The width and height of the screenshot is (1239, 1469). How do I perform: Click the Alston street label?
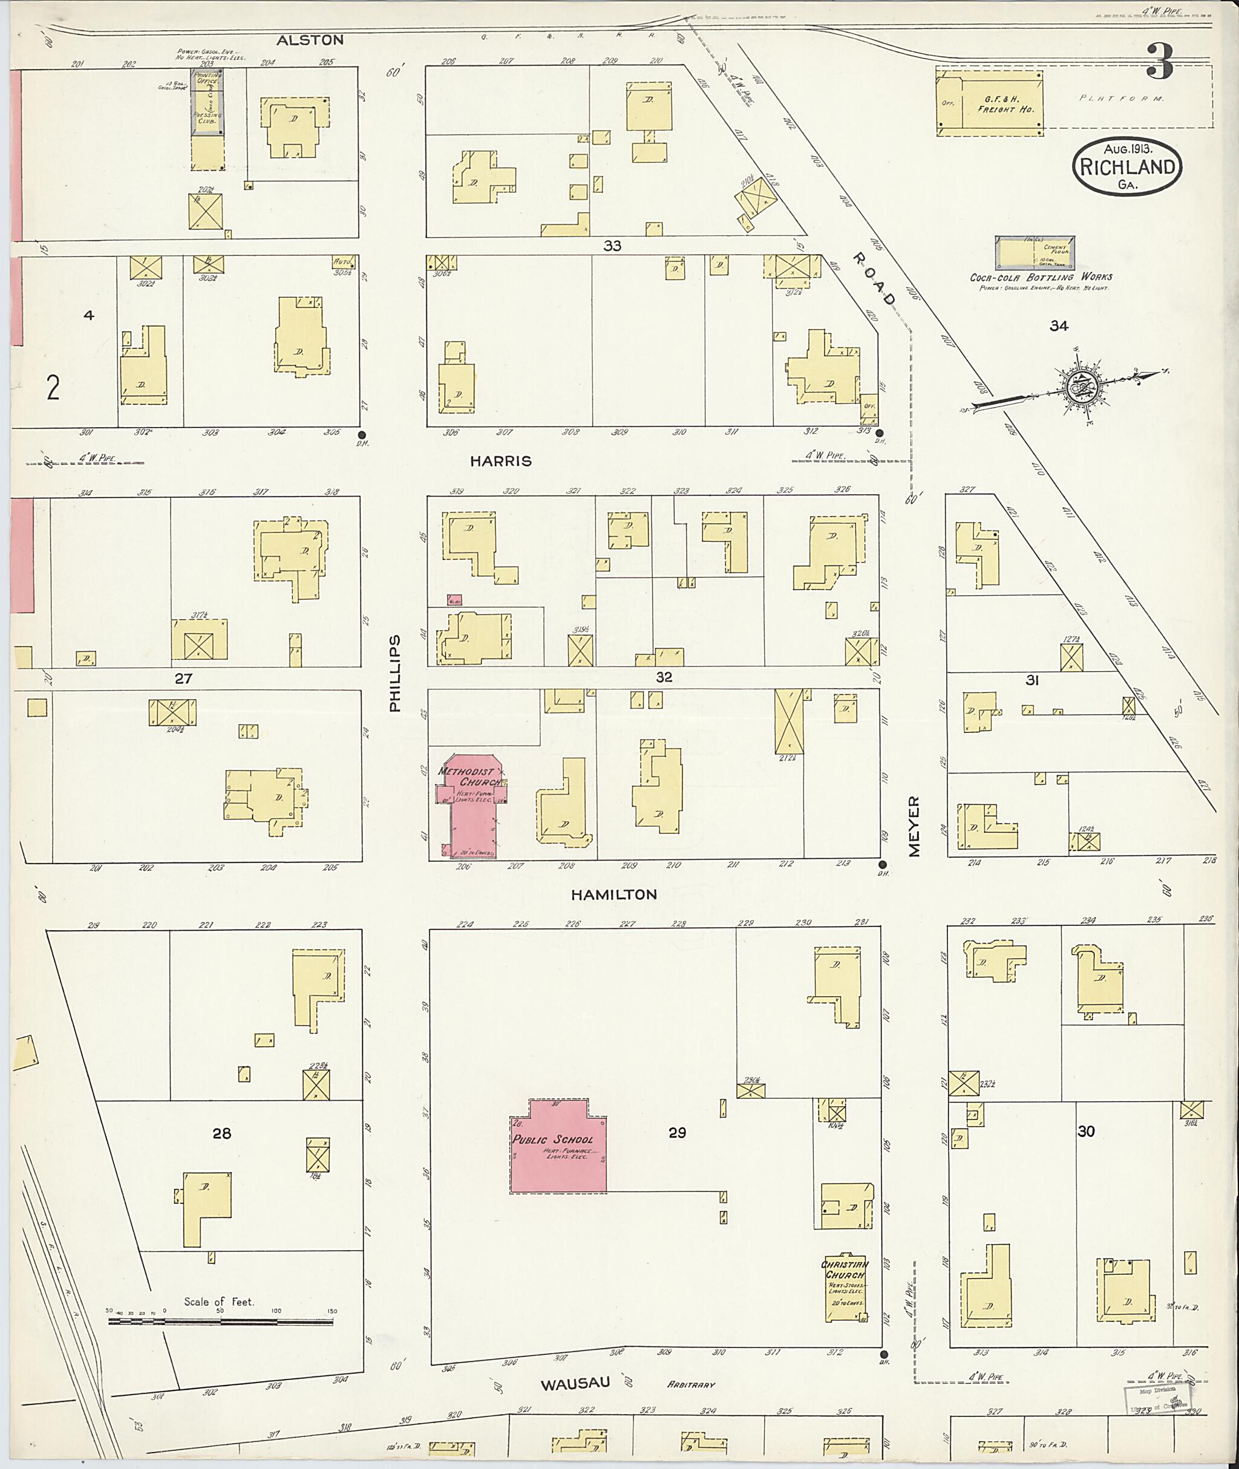310,40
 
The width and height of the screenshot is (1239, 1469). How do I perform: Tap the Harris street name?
501,461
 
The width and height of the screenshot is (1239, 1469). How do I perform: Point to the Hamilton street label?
613,894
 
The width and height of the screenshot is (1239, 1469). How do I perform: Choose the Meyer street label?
913,827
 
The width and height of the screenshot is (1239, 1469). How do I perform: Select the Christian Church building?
845,1283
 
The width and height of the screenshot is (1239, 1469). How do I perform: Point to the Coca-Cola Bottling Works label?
1041,278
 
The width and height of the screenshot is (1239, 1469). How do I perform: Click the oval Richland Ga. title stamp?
1126,167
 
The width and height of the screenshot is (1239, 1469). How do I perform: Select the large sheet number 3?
1160,61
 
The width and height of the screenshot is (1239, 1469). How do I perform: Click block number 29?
676,1133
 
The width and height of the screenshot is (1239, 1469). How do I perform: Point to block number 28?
221,1133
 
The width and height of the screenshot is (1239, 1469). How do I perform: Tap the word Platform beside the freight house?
1121,99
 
